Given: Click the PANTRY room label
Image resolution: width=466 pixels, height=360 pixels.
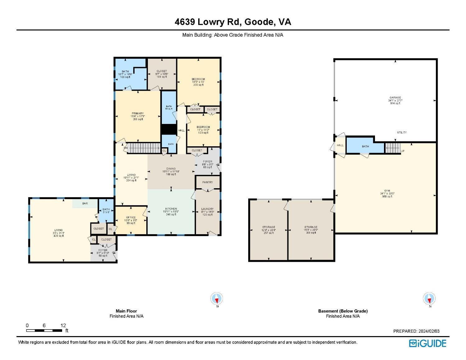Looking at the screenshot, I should tap(208, 182).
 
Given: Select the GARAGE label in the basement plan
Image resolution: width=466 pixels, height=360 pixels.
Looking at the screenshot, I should tap(395, 98).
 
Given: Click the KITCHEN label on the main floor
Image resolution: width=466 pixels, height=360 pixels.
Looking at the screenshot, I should tap(171, 209).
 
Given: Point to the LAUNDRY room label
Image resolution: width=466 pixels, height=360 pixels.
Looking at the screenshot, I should tap(207, 209).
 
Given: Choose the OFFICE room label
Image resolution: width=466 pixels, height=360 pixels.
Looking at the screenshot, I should tap(131, 217).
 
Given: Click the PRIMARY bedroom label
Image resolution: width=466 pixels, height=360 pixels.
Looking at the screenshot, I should tap(138, 113).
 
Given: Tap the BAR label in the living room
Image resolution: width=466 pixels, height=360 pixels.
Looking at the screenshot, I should tap(85, 203).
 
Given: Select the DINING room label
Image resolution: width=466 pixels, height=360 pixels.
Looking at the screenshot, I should tap(171, 169).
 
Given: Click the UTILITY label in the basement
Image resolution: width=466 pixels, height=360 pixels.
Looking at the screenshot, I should tap(402, 132).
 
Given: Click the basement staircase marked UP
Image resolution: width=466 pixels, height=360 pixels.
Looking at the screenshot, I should tap(393, 148).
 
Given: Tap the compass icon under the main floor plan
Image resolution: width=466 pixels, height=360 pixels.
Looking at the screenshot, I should tap(217, 299).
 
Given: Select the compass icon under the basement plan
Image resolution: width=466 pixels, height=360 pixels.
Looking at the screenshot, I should tap(429, 299).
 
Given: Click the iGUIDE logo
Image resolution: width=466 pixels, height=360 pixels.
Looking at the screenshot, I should tap(427, 343).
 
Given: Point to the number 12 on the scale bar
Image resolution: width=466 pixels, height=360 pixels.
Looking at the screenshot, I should tap(63, 326).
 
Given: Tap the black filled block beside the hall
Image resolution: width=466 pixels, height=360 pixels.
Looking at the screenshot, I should tap(169, 129).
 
